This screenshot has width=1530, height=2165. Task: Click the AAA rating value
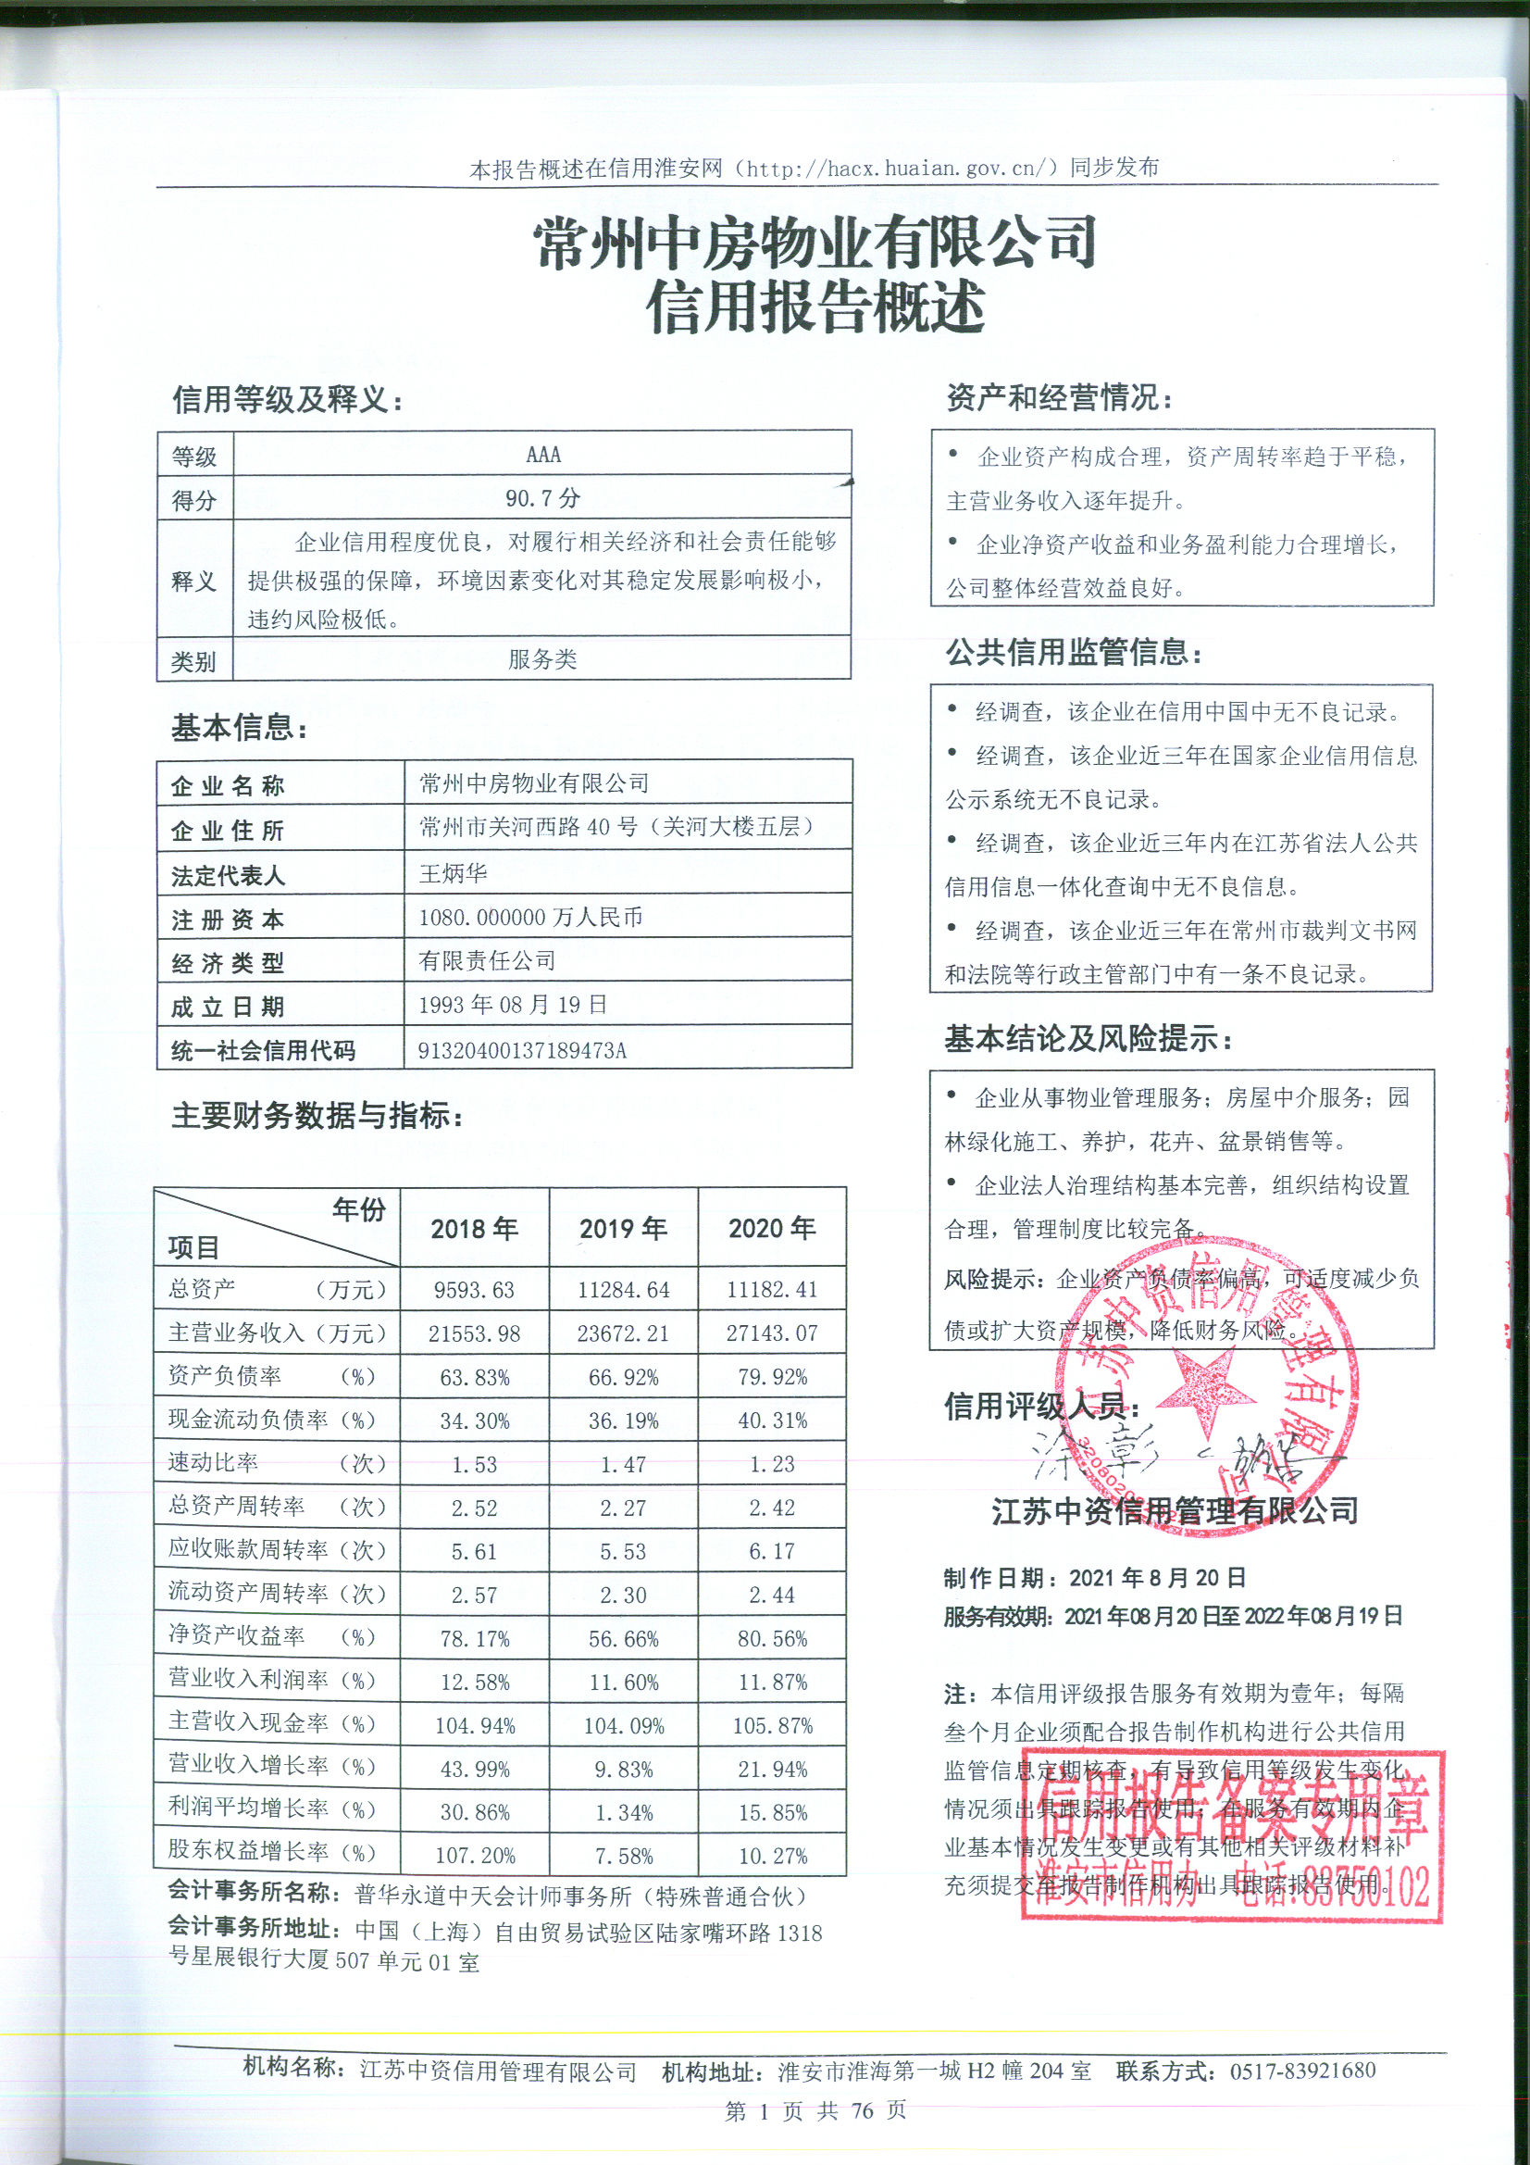[x=543, y=455]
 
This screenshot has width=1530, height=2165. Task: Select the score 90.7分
[x=543, y=498]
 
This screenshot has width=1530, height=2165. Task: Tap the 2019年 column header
[x=623, y=1229]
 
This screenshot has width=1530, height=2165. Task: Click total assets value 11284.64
[x=623, y=1290]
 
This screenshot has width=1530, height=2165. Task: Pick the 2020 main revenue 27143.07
[x=772, y=1333]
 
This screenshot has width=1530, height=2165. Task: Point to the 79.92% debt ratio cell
[x=772, y=1377]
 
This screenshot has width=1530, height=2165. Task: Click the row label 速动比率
[x=213, y=1462]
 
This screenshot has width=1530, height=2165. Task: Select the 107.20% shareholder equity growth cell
[x=475, y=1856]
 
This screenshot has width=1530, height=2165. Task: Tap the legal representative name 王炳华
[x=454, y=873]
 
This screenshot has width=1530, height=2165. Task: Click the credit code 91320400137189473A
[x=522, y=1050]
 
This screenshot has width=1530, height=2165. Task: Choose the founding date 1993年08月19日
[x=513, y=1006]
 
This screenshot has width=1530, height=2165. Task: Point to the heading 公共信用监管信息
[x=1074, y=652]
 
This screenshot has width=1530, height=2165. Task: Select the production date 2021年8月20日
[x=1158, y=1578]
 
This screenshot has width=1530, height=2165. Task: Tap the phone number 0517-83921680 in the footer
[x=1302, y=2071]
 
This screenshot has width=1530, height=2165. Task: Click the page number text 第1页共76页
[x=815, y=2110]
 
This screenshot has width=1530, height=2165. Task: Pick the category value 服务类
[x=542, y=659]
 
